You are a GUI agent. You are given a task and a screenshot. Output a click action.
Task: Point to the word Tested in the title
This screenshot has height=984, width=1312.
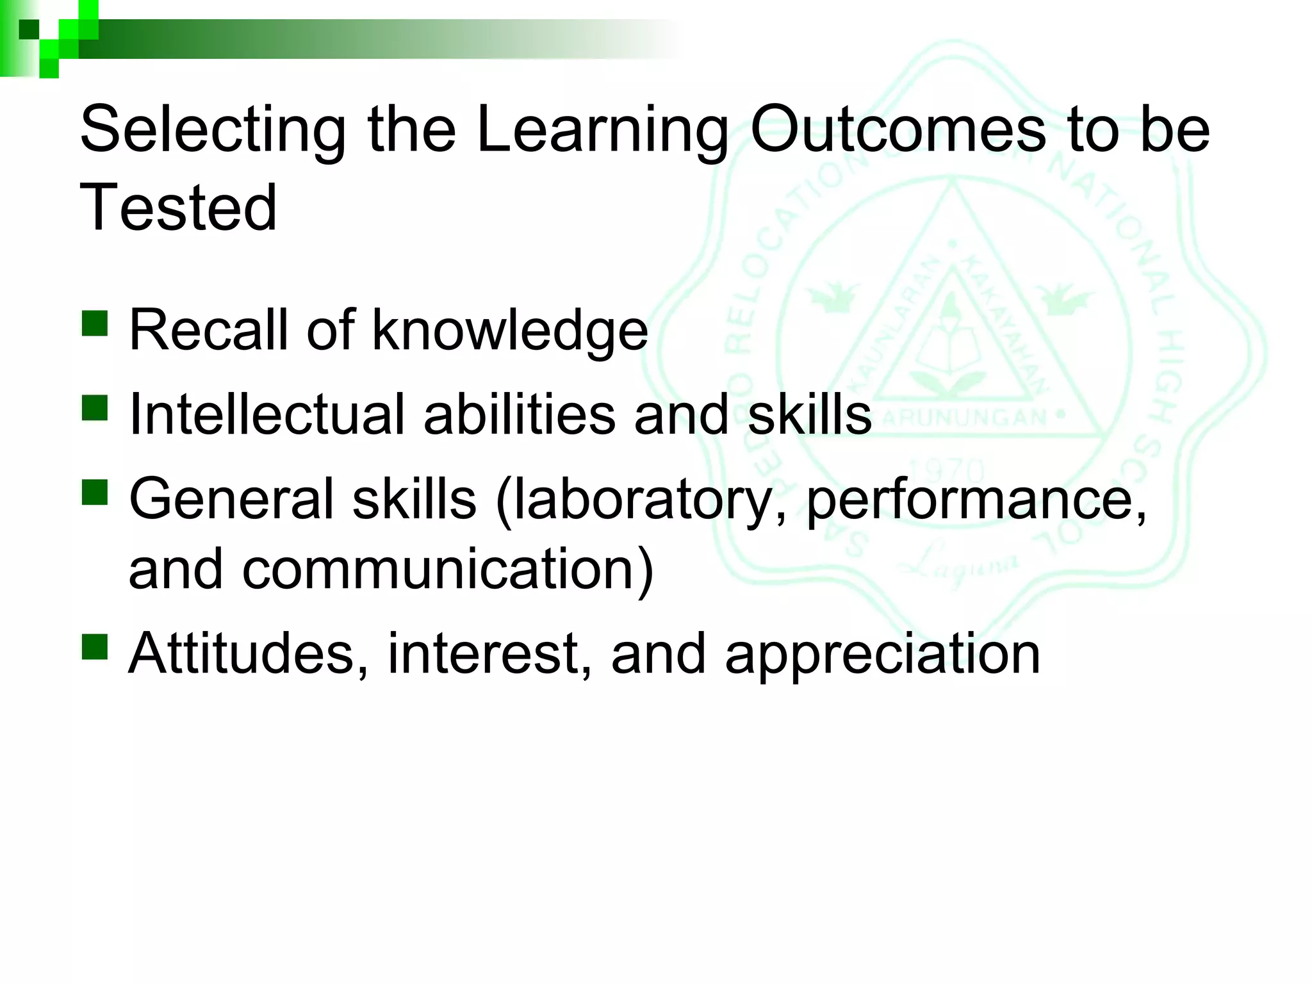coord(178,208)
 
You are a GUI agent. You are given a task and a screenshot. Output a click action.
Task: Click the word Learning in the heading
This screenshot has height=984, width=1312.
coord(603,131)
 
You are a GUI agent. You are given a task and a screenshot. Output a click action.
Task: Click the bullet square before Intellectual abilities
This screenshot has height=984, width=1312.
coord(95,407)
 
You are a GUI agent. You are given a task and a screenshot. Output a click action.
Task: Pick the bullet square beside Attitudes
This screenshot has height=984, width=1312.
coord(95,646)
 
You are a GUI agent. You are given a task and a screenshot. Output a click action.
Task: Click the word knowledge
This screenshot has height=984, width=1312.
coord(510,331)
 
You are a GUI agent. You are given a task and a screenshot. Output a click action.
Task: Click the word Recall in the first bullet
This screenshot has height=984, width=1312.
coord(209,331)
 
